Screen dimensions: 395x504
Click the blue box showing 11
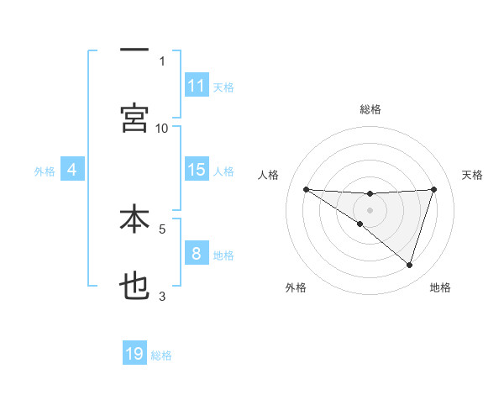point(197,86)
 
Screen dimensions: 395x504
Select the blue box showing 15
point(197,170)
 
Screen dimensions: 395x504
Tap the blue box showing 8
point(197,253)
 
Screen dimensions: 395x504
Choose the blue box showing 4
point(72,170)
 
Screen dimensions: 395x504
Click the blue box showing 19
point(134,354)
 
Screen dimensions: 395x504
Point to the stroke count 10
point(162,128)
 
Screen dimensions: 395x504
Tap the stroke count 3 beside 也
point(162,296)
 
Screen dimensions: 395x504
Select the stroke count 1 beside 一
point(162,61)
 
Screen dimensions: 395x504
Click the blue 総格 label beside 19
point(161,355)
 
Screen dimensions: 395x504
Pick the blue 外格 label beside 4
point(45,171)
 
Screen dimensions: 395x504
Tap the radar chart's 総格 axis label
point(370,109)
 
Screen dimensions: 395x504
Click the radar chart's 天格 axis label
point(472,175)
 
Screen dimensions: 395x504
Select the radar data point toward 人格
point(306,189)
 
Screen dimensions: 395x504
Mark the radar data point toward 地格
point(410,265)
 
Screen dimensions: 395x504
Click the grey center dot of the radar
point(370,210)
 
